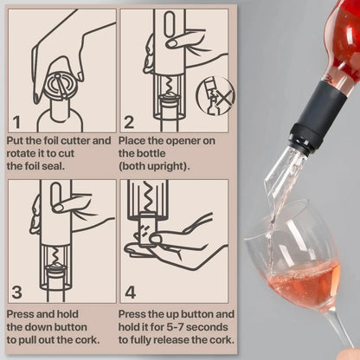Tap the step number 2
click(131, 121)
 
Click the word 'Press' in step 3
click(23, 313)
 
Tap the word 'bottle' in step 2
click(139, 152)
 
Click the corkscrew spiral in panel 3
click(55, 253)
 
